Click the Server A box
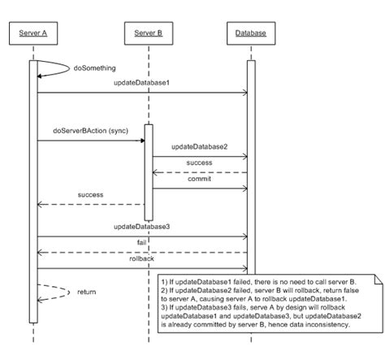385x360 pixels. (33, 33)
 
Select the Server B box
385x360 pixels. (149, 33)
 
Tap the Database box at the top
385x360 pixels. (249, 33)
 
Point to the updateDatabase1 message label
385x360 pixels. (141, 84)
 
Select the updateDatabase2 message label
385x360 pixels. (199, 147)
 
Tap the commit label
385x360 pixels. (199, 179)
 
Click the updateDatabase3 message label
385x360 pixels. (141, 227)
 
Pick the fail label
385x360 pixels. (141, 242)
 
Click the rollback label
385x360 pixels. (141, 258)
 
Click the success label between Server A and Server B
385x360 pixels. (90, 195)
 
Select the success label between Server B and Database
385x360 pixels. (199, 163)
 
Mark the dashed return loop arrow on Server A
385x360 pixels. (55, 290)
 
